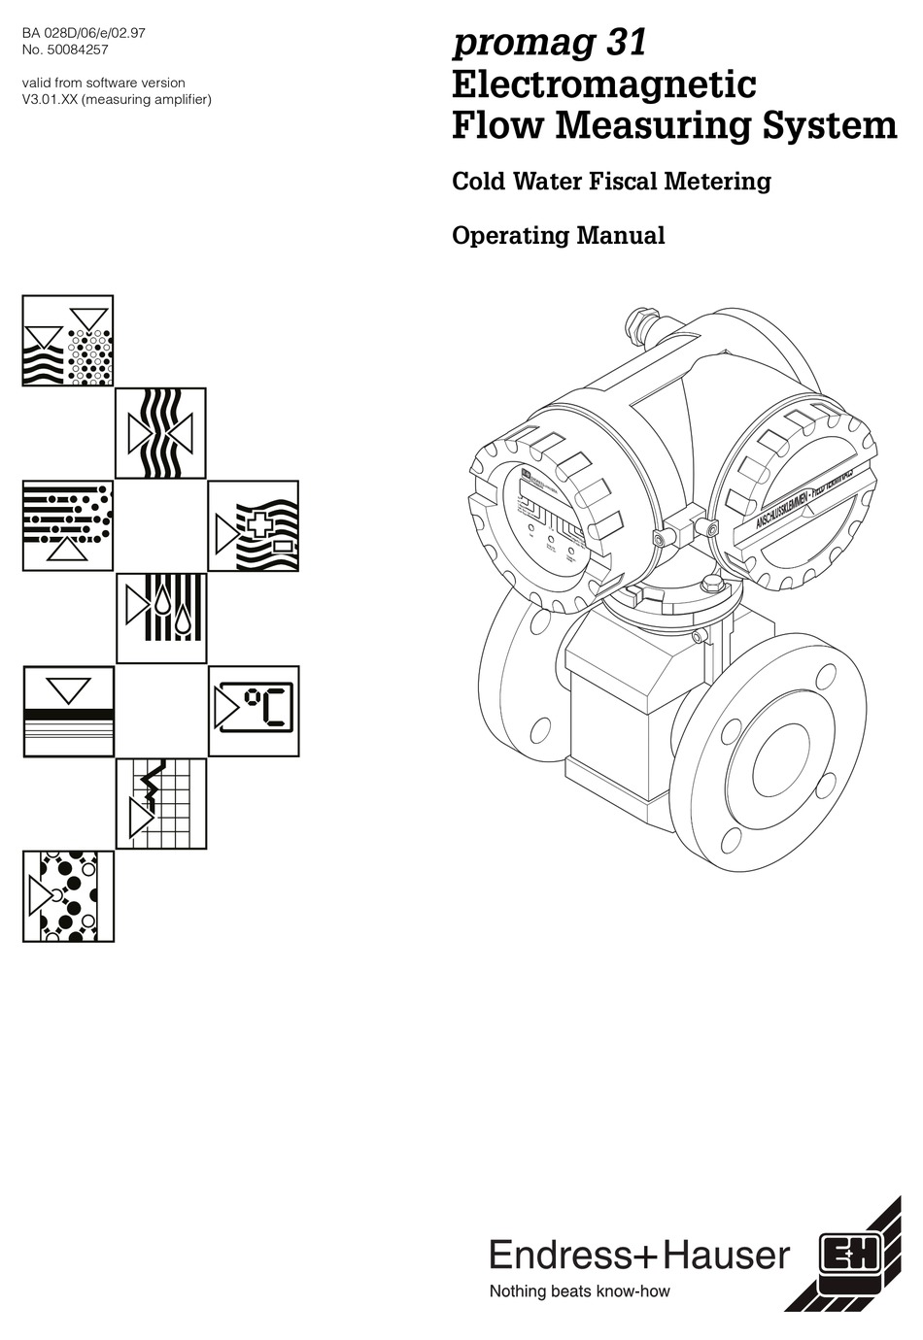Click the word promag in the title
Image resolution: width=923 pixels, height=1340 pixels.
(x=512, y=44)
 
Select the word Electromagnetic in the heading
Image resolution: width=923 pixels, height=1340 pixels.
(x=603, y=84)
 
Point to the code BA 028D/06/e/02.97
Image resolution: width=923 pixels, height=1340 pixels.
(x=84, y=32)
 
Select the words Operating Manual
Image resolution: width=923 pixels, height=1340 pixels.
(x=558, y=236)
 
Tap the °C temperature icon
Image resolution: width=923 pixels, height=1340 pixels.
(x=254, y=711)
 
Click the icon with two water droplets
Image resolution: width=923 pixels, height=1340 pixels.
(x=161, y=619)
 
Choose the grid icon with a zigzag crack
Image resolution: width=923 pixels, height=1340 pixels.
(x=161, y=804)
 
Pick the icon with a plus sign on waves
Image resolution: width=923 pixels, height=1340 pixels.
(x=254, y=525)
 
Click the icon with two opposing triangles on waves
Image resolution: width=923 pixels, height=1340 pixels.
(x=161, y=433)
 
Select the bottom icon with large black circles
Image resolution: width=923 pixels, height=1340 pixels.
(x=68, y=896)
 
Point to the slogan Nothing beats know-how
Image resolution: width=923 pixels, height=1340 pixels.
(x=579, y=1291)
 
